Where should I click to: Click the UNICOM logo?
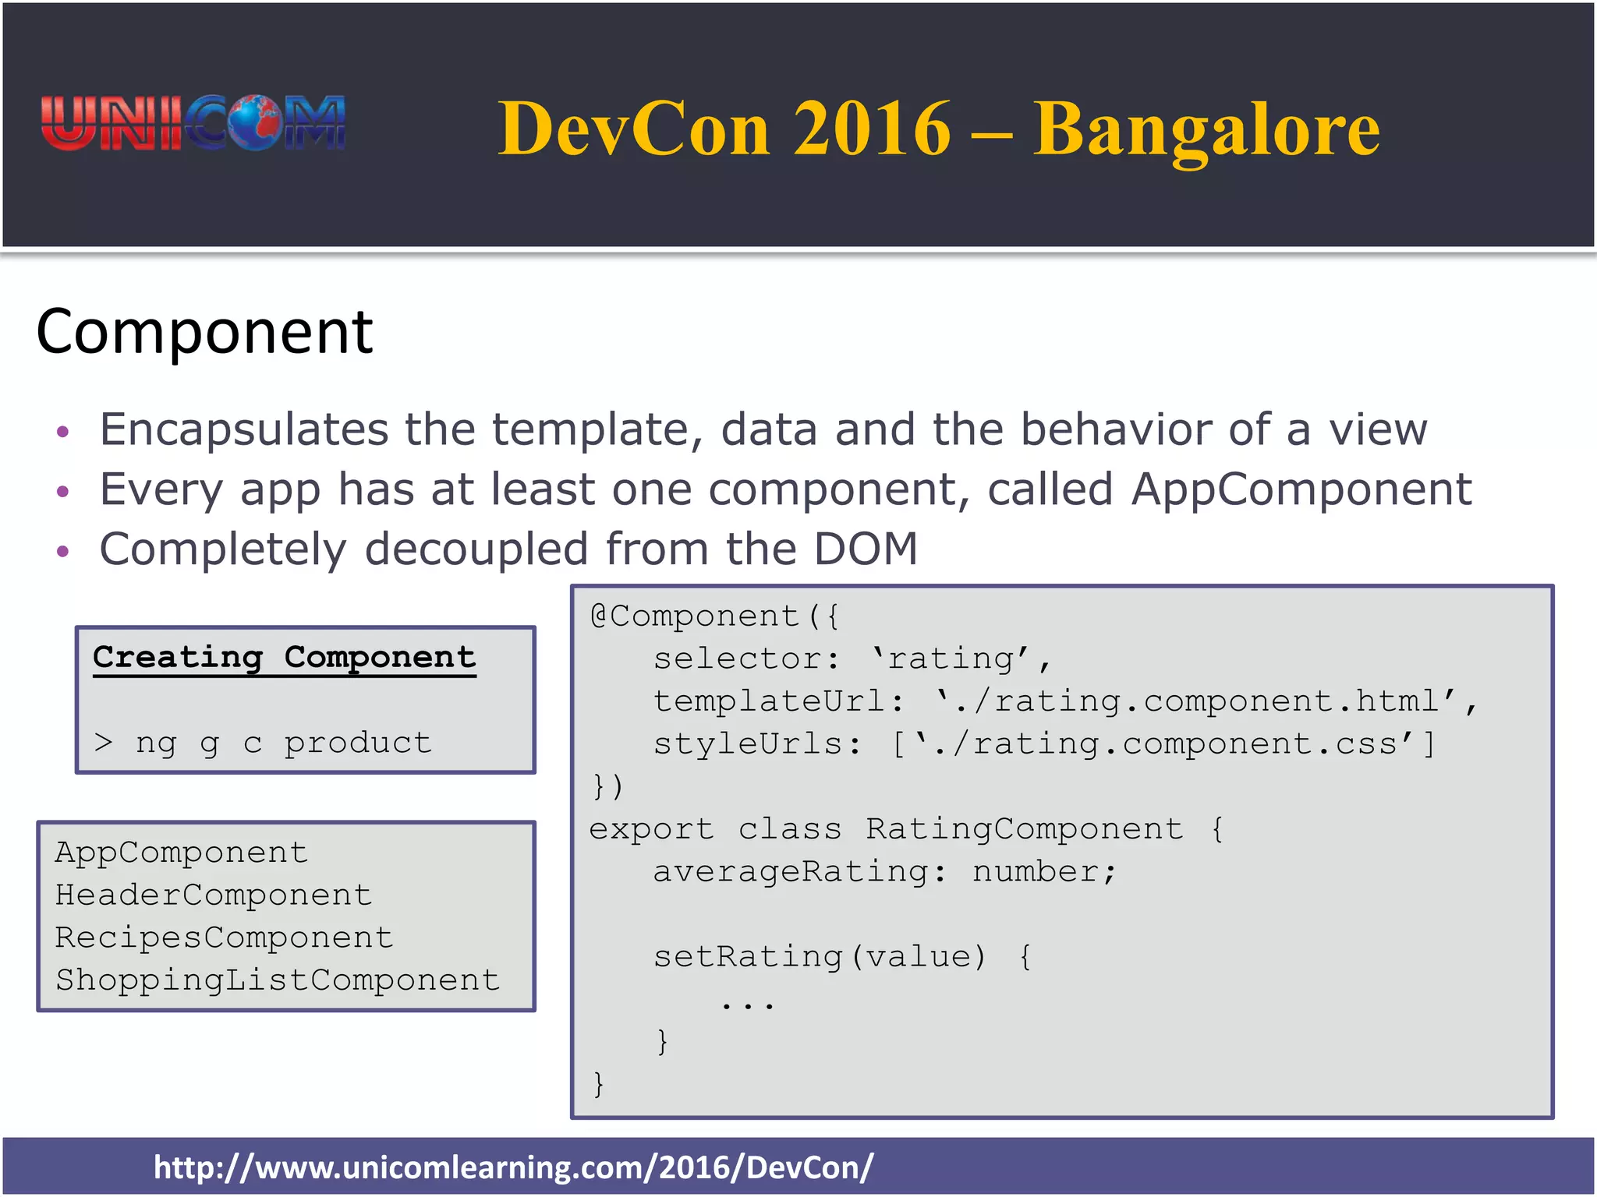tap(193, 123)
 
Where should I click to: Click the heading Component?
tap(204, 332)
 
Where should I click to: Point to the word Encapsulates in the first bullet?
tap(243, 430)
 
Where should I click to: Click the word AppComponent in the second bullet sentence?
tap(1301, 490)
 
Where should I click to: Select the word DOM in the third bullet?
tap(866, 549)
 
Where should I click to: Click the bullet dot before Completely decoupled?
tap(63, 552)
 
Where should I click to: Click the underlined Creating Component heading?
tap(284, 658)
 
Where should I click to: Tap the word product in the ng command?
tap(357, 743)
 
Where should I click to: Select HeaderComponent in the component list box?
tap(213, 895)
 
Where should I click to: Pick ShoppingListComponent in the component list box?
tap(277, 980)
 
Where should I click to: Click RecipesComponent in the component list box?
tap(224, 937)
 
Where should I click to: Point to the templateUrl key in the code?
tap(769, 701)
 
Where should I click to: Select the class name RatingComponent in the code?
tap(1024, 829)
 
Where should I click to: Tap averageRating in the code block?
tap(790, 872)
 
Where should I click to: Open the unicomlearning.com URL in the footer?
tap(513, 1167)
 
